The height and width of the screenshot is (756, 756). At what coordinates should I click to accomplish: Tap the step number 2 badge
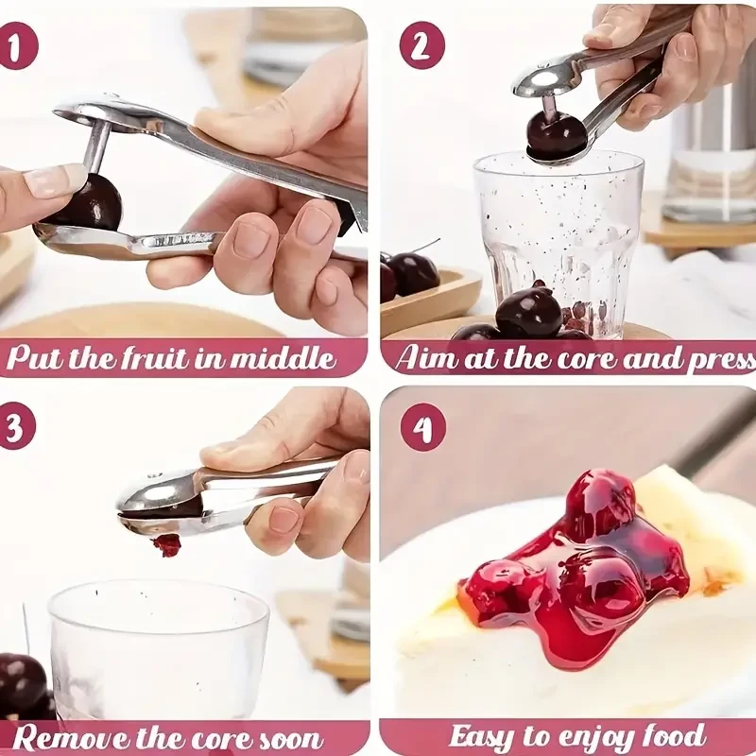[421, 45]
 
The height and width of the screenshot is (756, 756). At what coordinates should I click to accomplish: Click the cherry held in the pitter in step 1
[88, 202]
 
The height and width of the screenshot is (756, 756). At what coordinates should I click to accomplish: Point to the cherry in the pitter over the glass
[556, 134]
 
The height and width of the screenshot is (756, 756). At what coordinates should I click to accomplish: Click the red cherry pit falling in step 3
[167, 545]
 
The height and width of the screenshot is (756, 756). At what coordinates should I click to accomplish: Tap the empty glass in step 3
[158, 643]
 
